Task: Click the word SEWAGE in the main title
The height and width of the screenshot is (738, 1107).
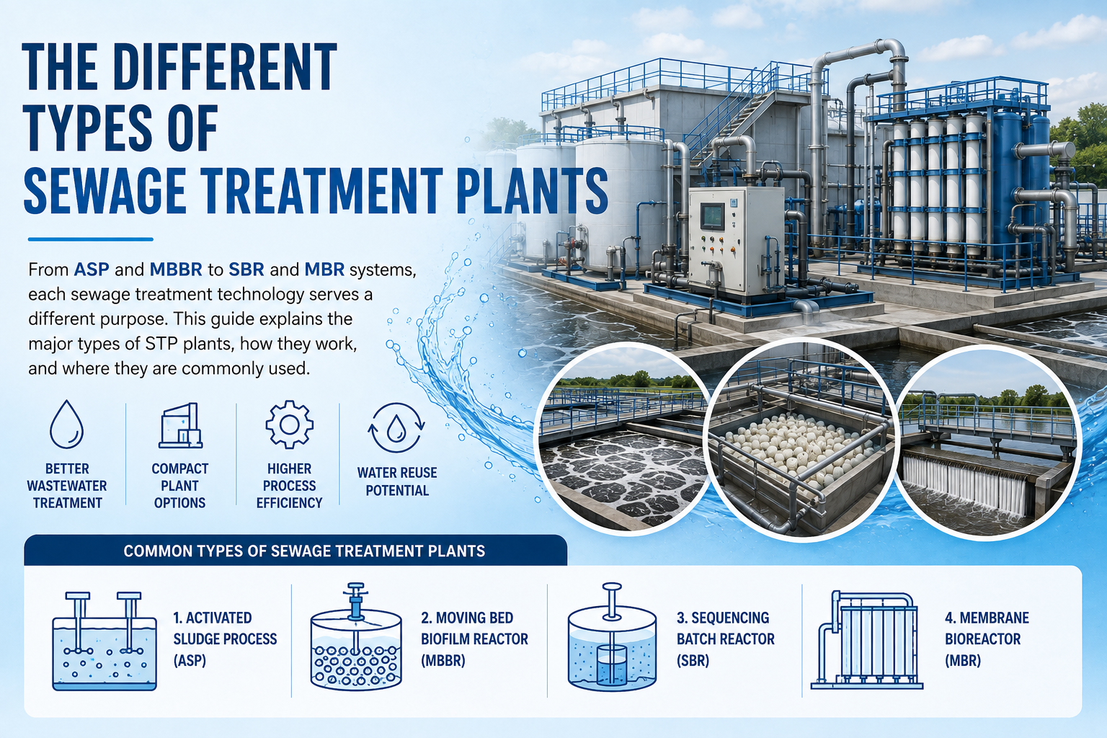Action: (105, 191)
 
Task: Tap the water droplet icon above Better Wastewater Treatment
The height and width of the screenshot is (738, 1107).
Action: (67, 424)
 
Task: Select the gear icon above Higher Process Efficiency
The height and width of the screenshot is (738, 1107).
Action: (289, 424)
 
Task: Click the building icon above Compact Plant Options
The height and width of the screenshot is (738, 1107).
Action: (180, 425)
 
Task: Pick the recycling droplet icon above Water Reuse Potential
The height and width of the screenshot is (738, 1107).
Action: (396, 428)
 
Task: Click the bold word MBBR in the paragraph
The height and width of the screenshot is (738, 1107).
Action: (176, 270)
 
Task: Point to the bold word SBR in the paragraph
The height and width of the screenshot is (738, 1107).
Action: (246, 270)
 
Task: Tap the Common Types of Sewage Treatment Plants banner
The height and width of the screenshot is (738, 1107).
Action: (295, 551)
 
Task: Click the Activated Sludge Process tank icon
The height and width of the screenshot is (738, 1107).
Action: (105, 641)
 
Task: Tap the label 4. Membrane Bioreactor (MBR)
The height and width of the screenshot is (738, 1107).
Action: (987, 639)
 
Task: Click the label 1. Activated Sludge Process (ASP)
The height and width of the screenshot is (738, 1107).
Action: (225, 639)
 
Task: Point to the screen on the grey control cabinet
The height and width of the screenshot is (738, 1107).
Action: (713, 215)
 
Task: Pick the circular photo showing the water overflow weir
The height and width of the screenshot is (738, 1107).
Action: (987, 443)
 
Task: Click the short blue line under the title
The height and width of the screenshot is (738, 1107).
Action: (90, 239)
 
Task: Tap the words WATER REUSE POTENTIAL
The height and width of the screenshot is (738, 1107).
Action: (397, 481)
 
